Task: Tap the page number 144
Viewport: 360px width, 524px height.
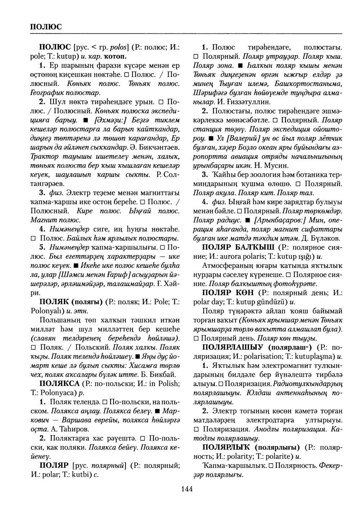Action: point(187,488)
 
